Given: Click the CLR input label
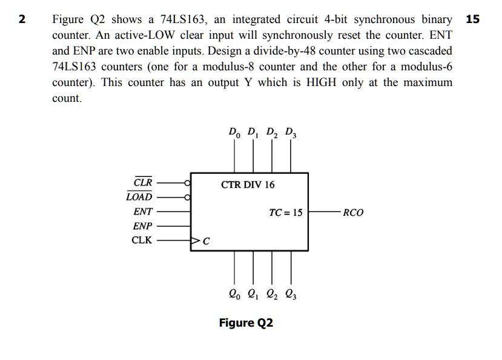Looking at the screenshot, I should [143, 182].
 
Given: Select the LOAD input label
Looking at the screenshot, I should [140, 197].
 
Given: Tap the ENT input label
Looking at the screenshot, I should [143, 212].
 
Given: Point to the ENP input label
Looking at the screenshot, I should [143, 226].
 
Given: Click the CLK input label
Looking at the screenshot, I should [142, 240].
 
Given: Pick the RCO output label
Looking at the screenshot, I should [353, 213].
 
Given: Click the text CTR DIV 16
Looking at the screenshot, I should [248, 184].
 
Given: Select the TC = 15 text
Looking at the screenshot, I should [285, 213].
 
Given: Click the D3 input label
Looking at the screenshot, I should [291, 131].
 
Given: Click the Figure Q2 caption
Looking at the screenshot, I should [246, 322].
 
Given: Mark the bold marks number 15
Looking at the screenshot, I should [473, 19].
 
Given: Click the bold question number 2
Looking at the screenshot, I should [22, 19].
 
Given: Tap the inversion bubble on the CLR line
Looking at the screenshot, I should [188, 182].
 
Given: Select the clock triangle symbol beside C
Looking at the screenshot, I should [196, 241].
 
